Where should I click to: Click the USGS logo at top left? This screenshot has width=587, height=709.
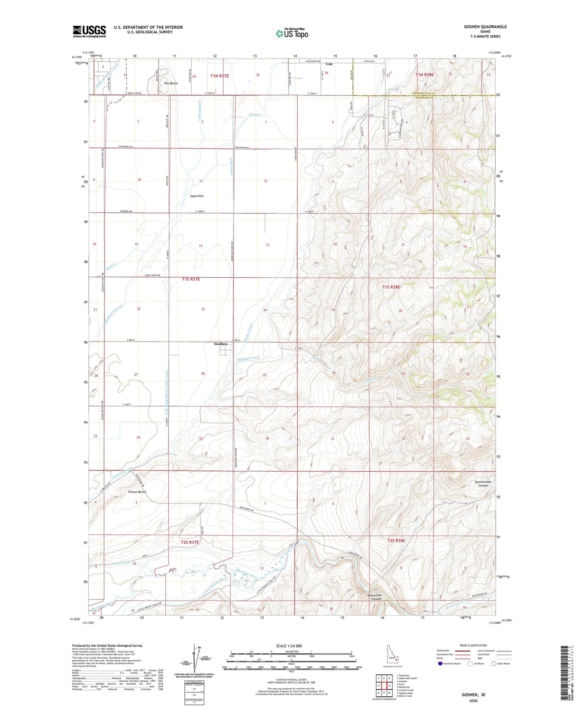click(x=89, y=31)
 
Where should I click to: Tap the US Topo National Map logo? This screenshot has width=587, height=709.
click(x=291, y=33)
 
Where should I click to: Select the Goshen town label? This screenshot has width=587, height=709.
click(x=221, y=344)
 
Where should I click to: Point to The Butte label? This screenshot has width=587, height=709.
click(x=171, y=83)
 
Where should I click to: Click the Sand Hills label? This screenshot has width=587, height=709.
click(x=197, y=196)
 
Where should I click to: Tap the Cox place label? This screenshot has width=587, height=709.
click(x=329, y=64)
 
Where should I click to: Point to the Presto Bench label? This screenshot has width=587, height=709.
click(x=137, y=492)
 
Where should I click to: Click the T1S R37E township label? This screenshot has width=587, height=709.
click(x=191, y=279)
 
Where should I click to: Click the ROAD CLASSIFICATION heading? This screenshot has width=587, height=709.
click(x=473, y=645)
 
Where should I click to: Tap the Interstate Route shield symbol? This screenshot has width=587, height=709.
click(x=440, y=664)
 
